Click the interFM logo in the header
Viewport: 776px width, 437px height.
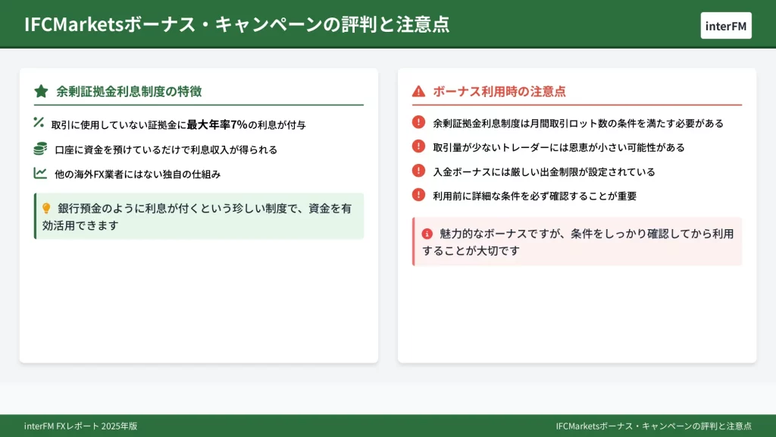pyautogui.click(x=725, y=26)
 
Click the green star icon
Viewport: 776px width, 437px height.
pyautogui.click(x=41, y=91)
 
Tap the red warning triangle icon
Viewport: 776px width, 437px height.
pyautogui.click(x=418, y=91)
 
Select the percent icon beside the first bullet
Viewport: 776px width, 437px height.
pyautogui.click(x=39, y=122)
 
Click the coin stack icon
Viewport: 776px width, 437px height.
pyautogui.click(x=40, y=148)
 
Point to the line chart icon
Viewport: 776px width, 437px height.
pyautogui.click(x=40, y=173)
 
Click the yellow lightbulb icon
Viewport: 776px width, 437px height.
pyautogui.click(x=46, y=209)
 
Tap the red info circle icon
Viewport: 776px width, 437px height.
pyautogui.click(x=427, y=234)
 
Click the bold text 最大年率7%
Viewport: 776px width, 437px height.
pyautogui.click(x=217, y=125)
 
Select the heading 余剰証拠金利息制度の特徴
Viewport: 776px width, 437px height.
pyautogui.click(x=129, y=91)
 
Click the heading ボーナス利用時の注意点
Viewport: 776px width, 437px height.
pyautogui.click(x=499, y=91)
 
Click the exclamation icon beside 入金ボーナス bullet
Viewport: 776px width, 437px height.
pyautogui.click(x=418, y=171)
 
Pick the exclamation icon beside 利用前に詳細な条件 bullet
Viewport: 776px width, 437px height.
pyautogui.click(x=418, y=195)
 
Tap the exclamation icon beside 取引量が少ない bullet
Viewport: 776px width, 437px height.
pyautogui.click(x=418, y=146)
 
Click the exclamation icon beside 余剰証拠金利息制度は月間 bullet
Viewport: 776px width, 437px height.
pyautogui.click(x=418, y=122)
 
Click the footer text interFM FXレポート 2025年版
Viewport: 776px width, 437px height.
pyautogui.click(x=80, y=426)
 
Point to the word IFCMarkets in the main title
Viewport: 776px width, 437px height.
pyautogui.click(x=74, y=24)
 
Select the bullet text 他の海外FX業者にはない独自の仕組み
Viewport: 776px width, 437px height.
pyautogui.click(x=138, y=174)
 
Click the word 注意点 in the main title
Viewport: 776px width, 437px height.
pyautogui.click(x=423, y=24)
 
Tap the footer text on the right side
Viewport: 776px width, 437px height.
pyautogui.click(x=653, y=426)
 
